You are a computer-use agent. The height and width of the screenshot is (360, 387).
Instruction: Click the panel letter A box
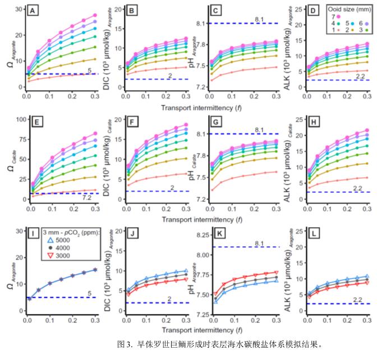point(33,11)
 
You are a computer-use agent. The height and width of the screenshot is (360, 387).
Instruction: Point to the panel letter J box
point(125,232)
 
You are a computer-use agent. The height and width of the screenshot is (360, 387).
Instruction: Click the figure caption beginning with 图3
point(219,343)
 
